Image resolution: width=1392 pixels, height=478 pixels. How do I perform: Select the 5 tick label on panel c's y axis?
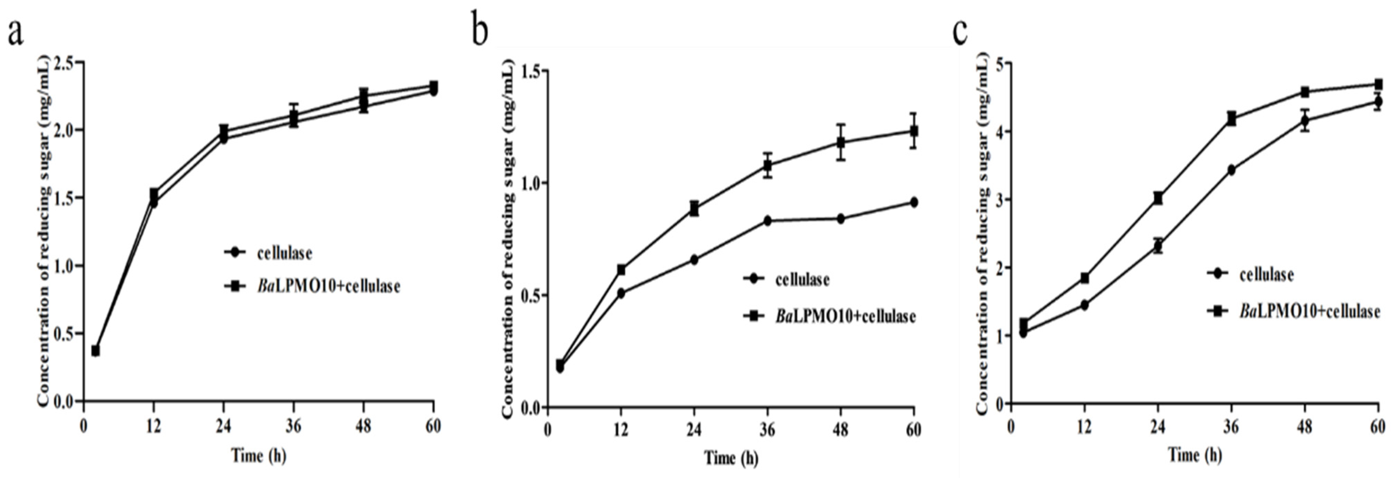[x=1000, y=64]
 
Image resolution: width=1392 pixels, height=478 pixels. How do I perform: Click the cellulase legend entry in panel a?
[x=284, y=253]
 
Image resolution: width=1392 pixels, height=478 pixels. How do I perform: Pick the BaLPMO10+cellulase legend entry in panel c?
[x=1309, y=311]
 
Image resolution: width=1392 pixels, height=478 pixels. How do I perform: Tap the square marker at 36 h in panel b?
[x=767, y=166]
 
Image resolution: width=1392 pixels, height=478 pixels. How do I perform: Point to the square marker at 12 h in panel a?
[x=154, y=193]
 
